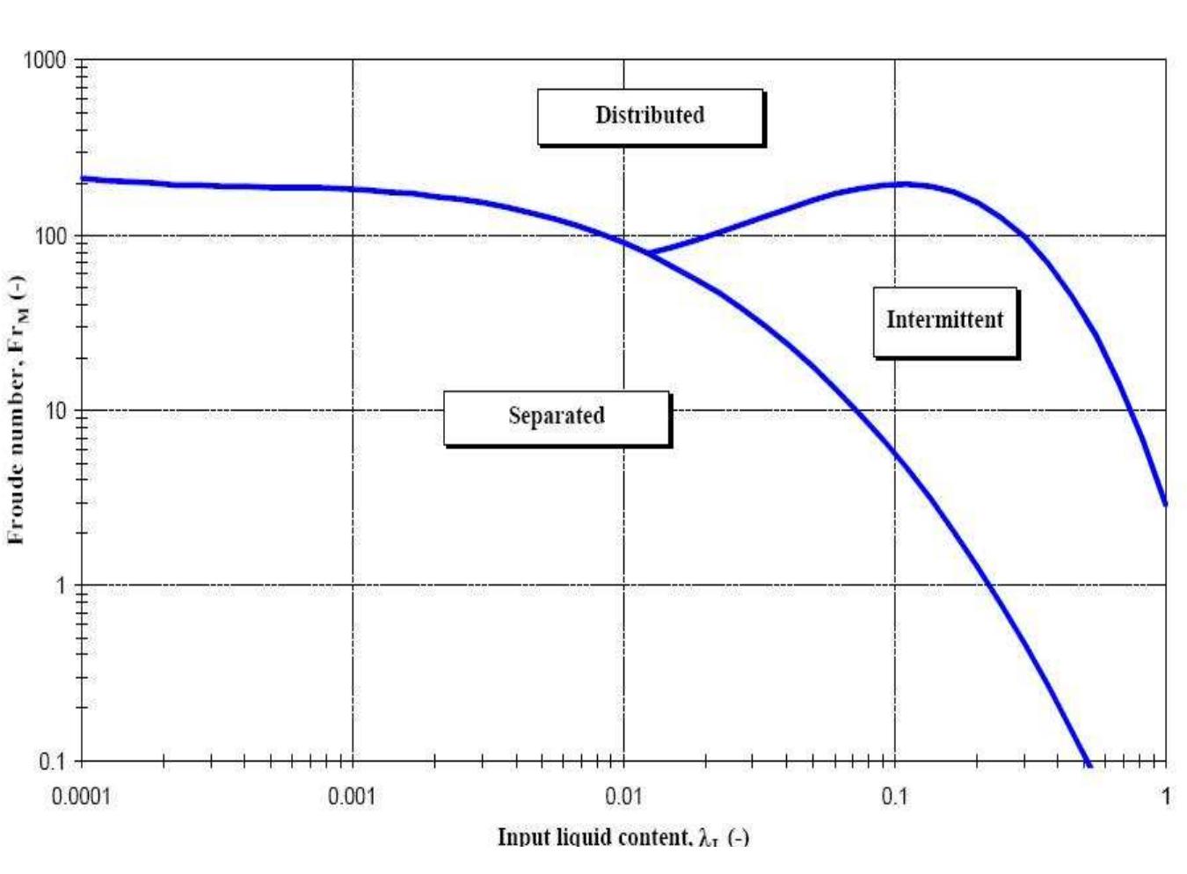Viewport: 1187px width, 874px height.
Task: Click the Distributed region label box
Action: (650, 116)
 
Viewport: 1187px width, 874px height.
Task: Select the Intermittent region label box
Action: (944, 321)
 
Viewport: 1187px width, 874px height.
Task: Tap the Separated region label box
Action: (557, 417)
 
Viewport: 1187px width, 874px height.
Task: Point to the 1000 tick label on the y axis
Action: (45, 60)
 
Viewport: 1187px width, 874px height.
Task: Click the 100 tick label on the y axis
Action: (50, 237)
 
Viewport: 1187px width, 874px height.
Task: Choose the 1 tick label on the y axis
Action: (61, 585)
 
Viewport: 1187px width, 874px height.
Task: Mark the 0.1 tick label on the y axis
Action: (54, 761)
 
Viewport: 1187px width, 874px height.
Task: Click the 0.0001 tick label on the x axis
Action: (81, 797)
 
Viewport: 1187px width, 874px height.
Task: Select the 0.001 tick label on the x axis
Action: (352, 797)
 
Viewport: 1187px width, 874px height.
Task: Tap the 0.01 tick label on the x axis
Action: (623, 797)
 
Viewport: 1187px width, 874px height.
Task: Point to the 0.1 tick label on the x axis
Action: (894, 797)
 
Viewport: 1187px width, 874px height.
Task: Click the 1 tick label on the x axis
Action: (1165, 797)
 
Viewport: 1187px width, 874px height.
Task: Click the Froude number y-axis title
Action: (16, 409)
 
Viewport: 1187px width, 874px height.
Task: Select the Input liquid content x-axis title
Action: (623, 836)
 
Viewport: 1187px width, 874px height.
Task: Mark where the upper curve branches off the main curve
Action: (648, 253)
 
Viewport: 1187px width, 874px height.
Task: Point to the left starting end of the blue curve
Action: (82, 178)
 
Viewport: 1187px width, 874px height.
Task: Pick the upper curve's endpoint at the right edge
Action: (1165, 504)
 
